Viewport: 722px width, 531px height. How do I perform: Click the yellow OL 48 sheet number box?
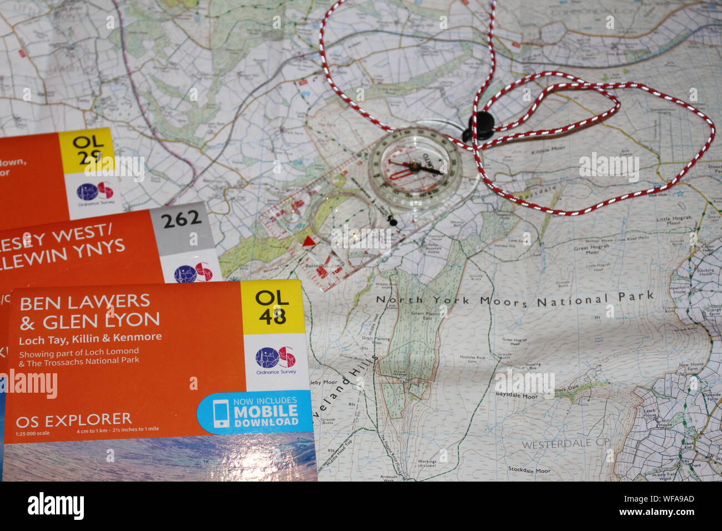(x=272, y=307)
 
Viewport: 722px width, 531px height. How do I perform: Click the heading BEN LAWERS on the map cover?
(x=85, y=302)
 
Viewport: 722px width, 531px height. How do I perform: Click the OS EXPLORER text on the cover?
(x=74, y=419)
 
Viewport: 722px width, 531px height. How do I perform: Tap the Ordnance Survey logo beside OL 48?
(x=275, y=358)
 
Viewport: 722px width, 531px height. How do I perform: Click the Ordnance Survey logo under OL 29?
(x=95, y=192)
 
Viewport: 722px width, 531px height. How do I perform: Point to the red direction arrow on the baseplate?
(x=308, y=241)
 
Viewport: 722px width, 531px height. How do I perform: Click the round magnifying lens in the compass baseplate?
(x=338, y=218)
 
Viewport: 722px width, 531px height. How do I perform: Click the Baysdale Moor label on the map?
(x=516, y=397)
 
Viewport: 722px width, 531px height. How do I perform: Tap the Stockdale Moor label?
(x=529, y=470)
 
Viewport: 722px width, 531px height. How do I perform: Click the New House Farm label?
(x=691, y=368)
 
